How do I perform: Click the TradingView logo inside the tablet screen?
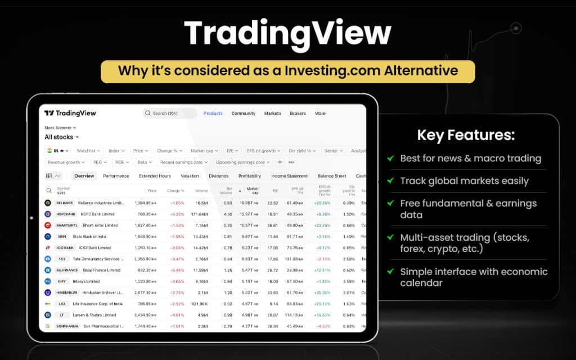point(70,113)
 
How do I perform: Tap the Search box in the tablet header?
point(169,113)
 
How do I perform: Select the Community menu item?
point(243,113)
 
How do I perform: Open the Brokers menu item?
point(298,113)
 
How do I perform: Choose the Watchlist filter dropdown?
point(88,151)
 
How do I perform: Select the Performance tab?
point(116,176)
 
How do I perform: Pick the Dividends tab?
point(218,176)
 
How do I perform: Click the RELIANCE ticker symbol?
point(65,202)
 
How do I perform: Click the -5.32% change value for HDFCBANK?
point(177,214)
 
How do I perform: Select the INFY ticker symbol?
point(61,281)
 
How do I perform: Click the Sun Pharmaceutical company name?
point(103,326)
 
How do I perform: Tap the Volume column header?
point(201,190)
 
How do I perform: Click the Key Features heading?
point(465,135)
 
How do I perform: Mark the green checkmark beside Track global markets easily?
point(390,181)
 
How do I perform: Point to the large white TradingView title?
point(287,33)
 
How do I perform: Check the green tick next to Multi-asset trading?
point(390,237)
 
